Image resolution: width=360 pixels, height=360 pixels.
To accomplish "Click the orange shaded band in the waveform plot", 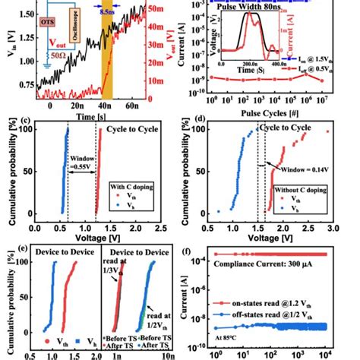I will point(106,53).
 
